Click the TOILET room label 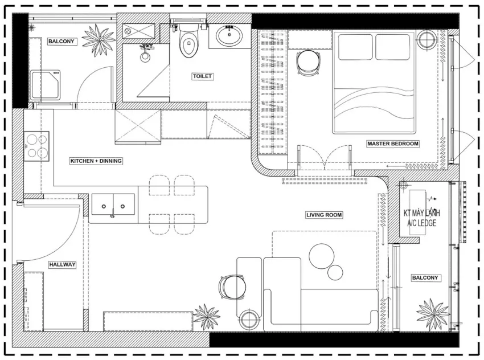click(x=202, y=76)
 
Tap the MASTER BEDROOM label click(x=393, y=144)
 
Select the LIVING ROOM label click(x=324, y=215)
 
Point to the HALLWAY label click(x=62, y=265)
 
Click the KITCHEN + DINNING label click(x=96, y=161)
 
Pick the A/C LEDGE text click(x=421, y=223)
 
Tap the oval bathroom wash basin click(x=229, y=36)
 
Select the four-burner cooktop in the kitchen click(x=37, y=146)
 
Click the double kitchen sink click(x=113, y=204)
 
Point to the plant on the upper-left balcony click(x=99, y=40)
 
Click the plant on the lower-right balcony click(x=433, y=314)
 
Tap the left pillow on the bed click(x=355, y=47)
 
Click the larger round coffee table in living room click(x=321, y=256)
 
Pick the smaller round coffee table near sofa click(x=335, y=272)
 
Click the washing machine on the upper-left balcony click(x=45, y=85)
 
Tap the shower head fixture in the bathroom click(x=145, y=53)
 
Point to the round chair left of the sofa click(x=233, y=287)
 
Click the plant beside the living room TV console click(x=206, y=317)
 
